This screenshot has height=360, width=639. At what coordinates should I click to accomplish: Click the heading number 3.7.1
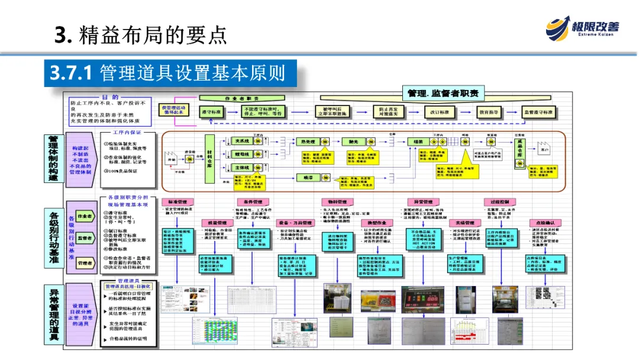(x=70, y=73)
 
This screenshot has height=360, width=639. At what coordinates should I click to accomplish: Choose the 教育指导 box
(x=490, y=112)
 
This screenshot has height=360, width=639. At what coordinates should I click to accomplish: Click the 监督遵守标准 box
(x=539, y=112)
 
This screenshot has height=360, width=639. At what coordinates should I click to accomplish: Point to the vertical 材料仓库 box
(x=209, y=155)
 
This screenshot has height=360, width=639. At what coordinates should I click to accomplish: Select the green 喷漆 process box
(x=353, y=142)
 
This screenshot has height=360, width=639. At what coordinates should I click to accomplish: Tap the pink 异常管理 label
(x=419, y=202)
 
